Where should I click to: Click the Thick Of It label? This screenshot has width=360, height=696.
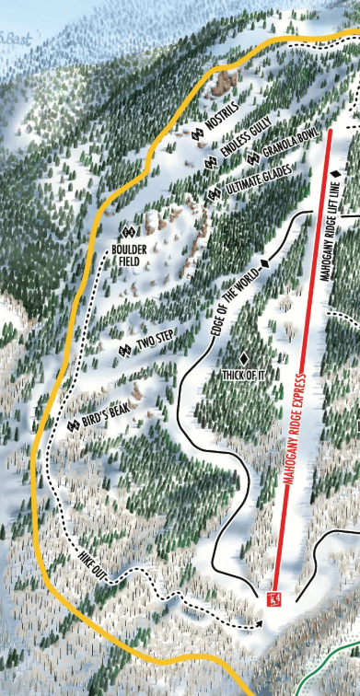(244, 375)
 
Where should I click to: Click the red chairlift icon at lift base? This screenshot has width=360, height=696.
(273, 599)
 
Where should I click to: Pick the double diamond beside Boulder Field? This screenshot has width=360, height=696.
(128, 230)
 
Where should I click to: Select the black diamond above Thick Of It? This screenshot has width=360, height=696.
(244, 357)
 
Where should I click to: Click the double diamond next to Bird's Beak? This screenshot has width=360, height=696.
(73, 425)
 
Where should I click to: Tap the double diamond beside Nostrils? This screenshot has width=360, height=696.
(197, 134)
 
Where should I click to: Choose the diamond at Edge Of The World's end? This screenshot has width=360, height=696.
(265, 264)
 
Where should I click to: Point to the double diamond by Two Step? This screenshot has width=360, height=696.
(125, 350)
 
